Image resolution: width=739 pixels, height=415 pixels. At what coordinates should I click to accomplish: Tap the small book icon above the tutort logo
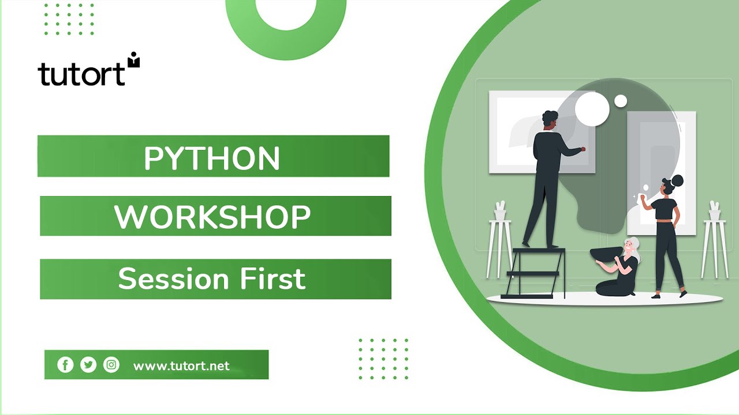[134, 59]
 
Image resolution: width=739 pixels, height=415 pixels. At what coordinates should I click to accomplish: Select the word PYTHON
[211, 157]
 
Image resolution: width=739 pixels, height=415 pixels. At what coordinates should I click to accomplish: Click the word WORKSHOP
[212, 217]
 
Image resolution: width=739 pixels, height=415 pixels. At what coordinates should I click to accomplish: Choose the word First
[275, 279]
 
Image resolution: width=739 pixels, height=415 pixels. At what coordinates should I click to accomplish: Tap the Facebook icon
[65, 365]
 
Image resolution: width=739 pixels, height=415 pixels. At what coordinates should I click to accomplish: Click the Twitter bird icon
[88, 365]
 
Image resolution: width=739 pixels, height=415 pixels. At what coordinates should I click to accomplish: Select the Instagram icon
[111, 365]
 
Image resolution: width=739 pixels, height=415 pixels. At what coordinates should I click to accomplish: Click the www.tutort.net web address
[181, 366]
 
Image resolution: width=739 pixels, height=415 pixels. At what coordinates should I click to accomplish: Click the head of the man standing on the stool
[550, 119]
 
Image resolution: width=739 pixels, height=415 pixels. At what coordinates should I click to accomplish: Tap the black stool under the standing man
[535, 271]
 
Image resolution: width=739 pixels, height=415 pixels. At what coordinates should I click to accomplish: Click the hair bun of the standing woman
[677, 180]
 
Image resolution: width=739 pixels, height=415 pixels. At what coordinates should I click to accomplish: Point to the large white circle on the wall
[592, 108]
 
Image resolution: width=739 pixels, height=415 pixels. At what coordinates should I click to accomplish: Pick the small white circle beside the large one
[621, 101]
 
